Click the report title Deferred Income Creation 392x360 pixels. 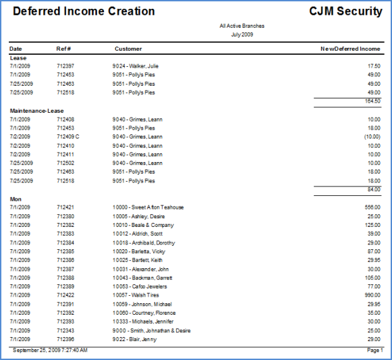[x=84, y=11]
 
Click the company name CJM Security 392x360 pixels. [x=345, y=11]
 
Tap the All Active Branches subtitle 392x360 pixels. [x=242, y=26]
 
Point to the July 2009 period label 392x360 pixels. [x=242, y=34]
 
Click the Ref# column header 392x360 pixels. [x=63, y=49]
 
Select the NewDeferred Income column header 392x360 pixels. [x=350, y=49]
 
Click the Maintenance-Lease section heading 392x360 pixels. [x=36, y=111]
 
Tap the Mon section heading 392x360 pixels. [x=16, y=199]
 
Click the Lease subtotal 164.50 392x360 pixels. [x=372, y=101]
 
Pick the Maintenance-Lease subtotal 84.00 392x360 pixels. [x=374, y=189]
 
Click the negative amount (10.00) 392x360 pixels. [x=372, y=136]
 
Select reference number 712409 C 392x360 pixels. [x=67, y=136]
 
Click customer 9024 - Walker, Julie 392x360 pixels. [x=135, y=66]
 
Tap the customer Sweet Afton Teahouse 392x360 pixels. [x=157, y=207]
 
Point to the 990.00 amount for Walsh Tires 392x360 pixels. [x=372, y=295]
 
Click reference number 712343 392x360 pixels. [x=65, y=330]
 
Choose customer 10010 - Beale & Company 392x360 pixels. [x=143, y=225]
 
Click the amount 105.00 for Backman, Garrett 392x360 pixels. [x=372, y=278]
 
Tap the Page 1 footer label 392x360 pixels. [x=374, y=350]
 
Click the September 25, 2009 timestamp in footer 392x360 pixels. [x=50, y=350]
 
